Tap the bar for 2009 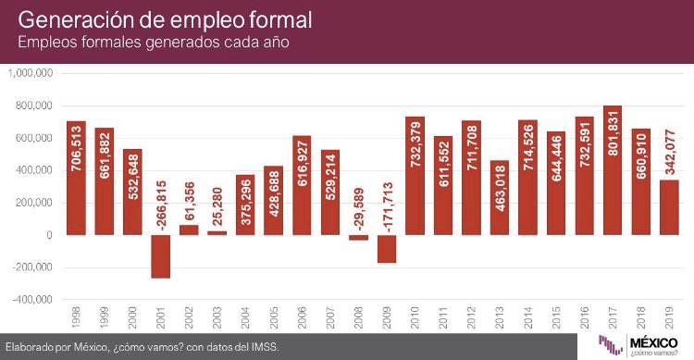(387, 249)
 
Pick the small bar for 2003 (217, 232)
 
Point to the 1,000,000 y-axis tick (30, 73)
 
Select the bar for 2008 (359, 238)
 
